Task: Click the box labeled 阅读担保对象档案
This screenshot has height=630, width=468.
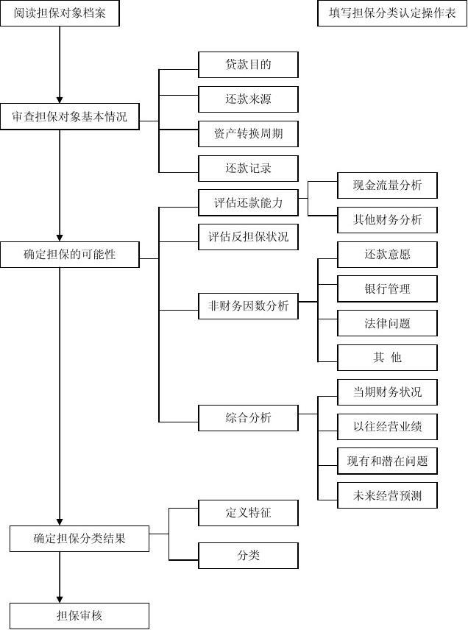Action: coord(60,13)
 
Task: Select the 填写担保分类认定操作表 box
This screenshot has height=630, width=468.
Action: coord(392,13)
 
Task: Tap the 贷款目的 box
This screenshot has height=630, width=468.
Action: coord(248,65)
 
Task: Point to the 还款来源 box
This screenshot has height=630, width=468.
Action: coord(248,99)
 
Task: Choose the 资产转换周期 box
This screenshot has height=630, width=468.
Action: coord(248,134)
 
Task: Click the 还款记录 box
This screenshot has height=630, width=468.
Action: coord(248,169)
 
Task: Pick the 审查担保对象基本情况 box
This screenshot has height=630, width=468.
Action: coord(70,116)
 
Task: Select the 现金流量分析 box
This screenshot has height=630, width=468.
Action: coord(387,185)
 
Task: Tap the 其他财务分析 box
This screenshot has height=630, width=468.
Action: coord(387,220)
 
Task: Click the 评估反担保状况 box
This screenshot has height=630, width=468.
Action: coord(248,237)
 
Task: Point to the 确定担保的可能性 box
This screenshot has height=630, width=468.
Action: coord(70,255)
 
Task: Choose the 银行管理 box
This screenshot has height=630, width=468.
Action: coord(387,289)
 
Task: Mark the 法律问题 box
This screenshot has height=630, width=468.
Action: coord(387,323)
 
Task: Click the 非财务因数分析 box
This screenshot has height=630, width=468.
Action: coord(248,306)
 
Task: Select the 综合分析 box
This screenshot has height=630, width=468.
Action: coord(248,418)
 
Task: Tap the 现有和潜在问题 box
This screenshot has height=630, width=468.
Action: coord(387,461)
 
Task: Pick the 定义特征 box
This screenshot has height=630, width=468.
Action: coord(248,513)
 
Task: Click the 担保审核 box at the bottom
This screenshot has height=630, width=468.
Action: coord(79,616)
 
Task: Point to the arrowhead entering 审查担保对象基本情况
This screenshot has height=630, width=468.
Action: coord(60,100)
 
